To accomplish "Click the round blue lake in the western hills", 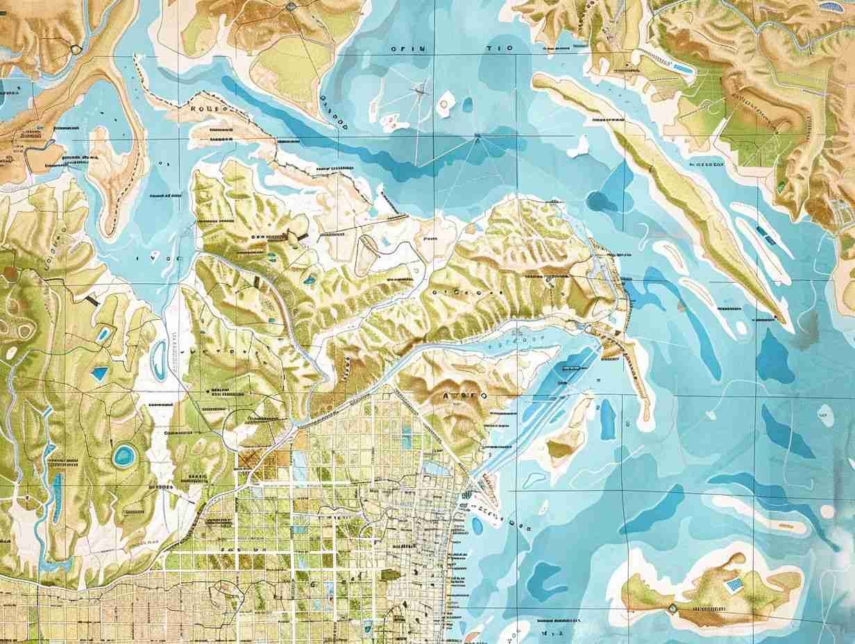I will tap(124, 455).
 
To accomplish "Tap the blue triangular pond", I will tap(99, 373).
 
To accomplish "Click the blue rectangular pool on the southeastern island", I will tap(731, 584).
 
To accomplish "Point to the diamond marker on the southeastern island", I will tap(672, 608).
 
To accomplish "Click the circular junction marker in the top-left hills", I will tap(75, 49).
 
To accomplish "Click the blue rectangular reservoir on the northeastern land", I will tap(683, 69).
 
